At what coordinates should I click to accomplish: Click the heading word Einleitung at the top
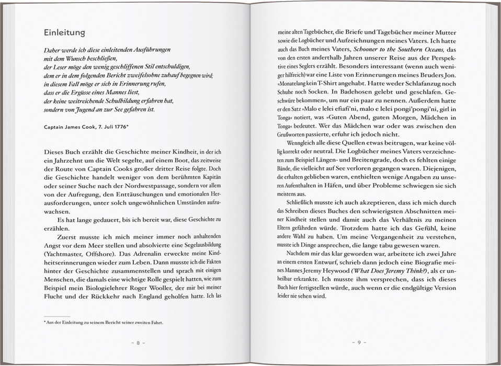coord(64,33)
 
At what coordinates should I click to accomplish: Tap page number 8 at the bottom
coord(138,343)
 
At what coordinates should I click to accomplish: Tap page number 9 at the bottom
coord(359,343)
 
